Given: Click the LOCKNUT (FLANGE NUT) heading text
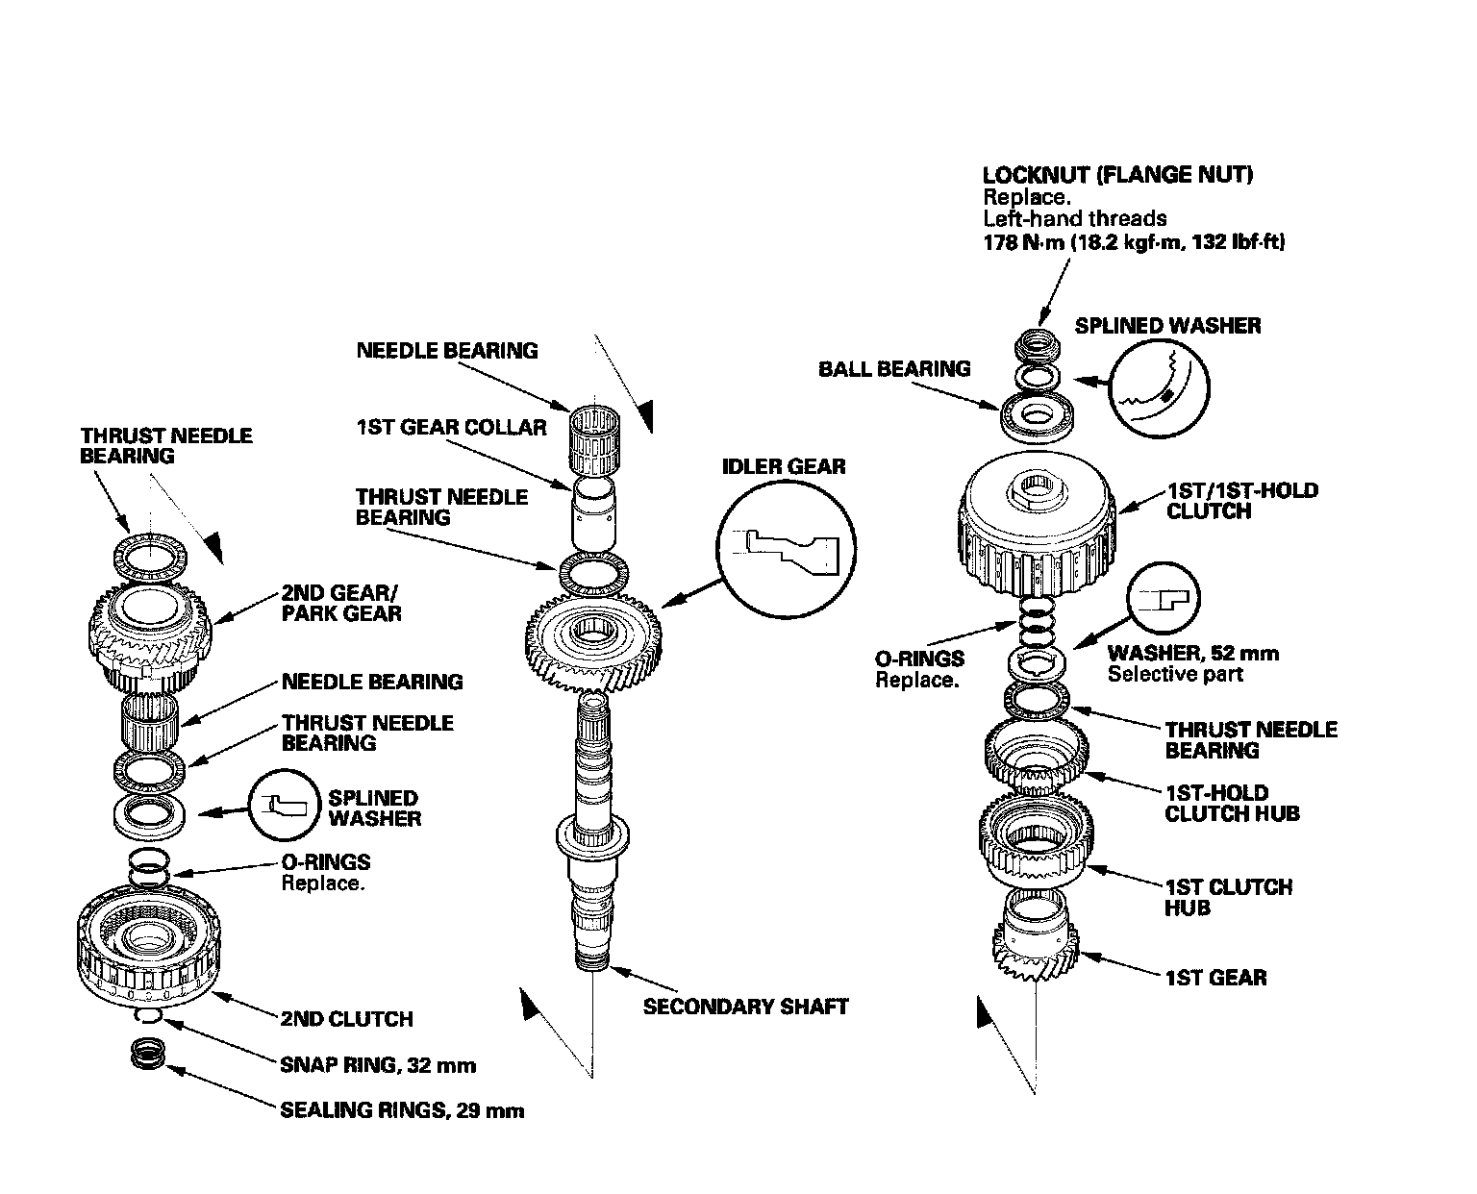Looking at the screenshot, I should [1117, 175].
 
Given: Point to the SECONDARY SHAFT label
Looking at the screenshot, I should [745, 1007].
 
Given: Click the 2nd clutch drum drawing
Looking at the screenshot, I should [144, 947].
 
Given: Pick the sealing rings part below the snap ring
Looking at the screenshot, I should [147, 1052].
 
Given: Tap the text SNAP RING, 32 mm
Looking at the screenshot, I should [378, 1064].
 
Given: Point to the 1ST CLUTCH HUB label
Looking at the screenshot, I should [1228, 897].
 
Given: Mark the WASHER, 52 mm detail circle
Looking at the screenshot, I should [1163, 599].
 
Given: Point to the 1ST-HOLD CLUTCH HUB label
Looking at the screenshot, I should [1232, 803].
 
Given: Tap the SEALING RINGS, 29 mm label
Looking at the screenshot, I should [402, 1110].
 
